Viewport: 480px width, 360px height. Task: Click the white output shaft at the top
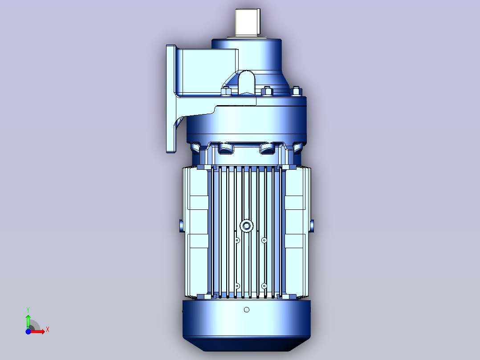tap(248, 22)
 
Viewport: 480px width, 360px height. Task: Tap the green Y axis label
tap(28, 310)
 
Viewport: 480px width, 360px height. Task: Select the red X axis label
tap(48, 330)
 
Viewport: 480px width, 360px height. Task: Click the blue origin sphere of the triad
tap(28, 331)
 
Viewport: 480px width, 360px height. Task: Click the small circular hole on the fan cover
tap(246, 310)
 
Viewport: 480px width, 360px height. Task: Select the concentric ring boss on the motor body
tap(246, 226)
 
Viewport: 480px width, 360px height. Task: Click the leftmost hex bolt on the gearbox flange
tap(226, 91)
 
